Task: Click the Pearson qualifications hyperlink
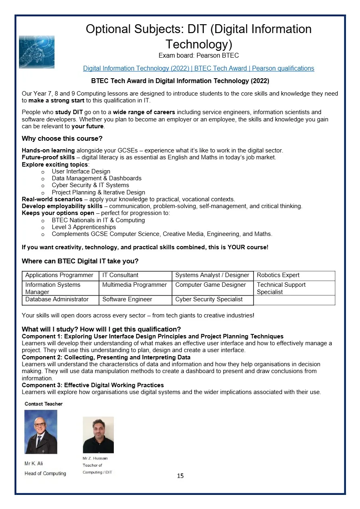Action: tap(199, 69)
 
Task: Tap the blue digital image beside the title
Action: tap(37, 52)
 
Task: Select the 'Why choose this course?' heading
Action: tap(62, 139)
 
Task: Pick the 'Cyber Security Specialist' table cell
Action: tap(209, 300)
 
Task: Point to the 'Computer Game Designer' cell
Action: tap(211, 285)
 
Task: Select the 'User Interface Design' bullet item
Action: tap(81, 171)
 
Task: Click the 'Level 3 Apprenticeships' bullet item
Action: tap(84, 227)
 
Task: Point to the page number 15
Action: tap(180, 476)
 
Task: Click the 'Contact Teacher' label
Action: tap(44, 404)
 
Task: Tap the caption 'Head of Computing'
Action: tap(45, 474)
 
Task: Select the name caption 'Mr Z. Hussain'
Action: tap(95, 458)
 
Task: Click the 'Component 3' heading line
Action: tap(93, 385)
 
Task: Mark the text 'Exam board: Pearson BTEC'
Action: tap(199, 56)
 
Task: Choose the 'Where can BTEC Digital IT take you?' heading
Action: tap(80, 261)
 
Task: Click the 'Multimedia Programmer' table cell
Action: tap(134, 285)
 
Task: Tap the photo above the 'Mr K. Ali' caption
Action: tap(41, 432)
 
